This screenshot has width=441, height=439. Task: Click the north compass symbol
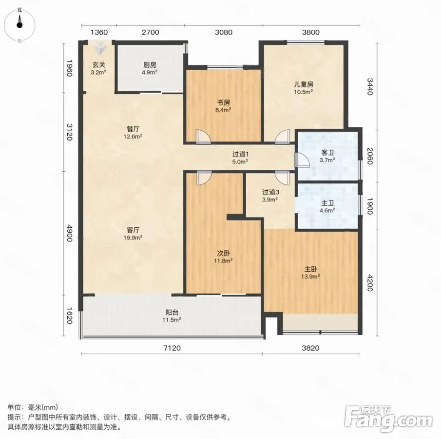(x=19, y=25)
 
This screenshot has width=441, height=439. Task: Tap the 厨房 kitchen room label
(x=150, y=65)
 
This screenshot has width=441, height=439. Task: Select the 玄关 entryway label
(x=99, y=65)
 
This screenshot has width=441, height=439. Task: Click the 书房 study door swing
(x=203, y=137)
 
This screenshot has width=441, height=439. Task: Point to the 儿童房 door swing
(x=283, y=137)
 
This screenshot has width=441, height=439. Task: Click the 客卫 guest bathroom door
(x=302, y=160)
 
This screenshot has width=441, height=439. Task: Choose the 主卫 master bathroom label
(x=327, y=203)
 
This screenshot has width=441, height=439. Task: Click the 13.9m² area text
(x=310, y=277)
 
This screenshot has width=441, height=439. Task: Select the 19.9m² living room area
(x=133, y=238)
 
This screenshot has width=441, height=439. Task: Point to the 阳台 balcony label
(x=172, y=312)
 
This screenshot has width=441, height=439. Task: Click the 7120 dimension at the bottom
(x=172, y=348)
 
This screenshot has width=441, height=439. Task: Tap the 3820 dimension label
(x=310, y=348)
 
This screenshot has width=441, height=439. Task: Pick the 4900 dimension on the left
(x=70, y=233)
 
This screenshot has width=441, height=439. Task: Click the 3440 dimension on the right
(x=370, y=87)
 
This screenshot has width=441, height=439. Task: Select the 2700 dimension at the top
(x=151, y=32)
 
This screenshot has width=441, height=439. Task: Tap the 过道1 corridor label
(x=240, y=154)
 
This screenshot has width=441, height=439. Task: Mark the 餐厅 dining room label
(x=133, y=129)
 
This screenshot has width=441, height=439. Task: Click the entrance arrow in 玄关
(x=99, y=48)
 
